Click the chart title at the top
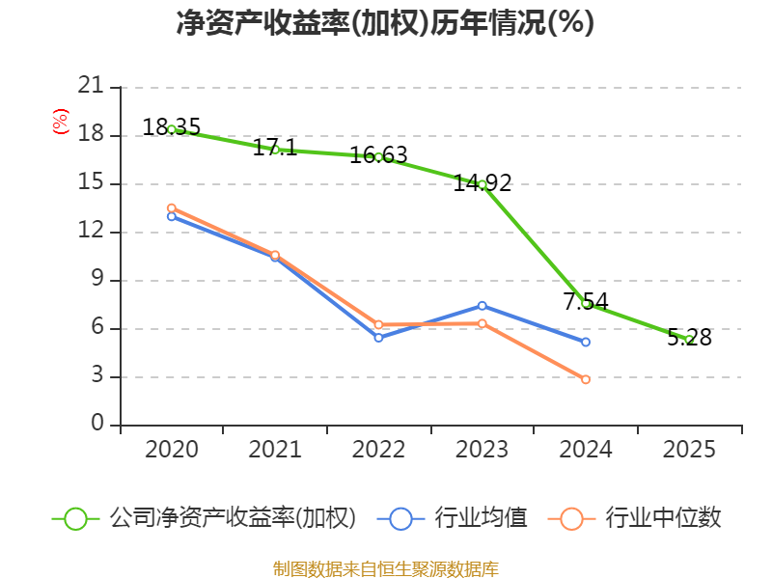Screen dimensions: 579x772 point(385,23)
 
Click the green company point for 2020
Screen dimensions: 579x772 point(172,129)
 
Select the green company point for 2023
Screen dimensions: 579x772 point(482,184)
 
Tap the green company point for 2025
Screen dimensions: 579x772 point(689,339)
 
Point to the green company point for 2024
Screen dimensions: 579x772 point(586,304)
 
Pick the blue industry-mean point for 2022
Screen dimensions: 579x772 point(378,338)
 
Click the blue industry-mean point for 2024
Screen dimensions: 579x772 point(586,343)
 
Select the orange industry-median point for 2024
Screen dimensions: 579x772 point(586,379)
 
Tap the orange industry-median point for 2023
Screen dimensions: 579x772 point(482,323)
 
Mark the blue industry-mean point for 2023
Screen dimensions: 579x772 point(482,306)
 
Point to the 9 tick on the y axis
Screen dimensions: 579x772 point(96,280)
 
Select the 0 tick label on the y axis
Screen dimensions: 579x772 point(96,425)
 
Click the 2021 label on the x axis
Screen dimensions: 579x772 point(275,450)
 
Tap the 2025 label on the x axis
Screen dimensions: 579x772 point(689,450)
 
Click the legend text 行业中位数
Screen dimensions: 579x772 point(664,518)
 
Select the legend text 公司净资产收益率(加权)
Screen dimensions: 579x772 point(233,518)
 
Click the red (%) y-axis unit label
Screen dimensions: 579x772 point(60,122)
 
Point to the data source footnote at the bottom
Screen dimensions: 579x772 point(385,568)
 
